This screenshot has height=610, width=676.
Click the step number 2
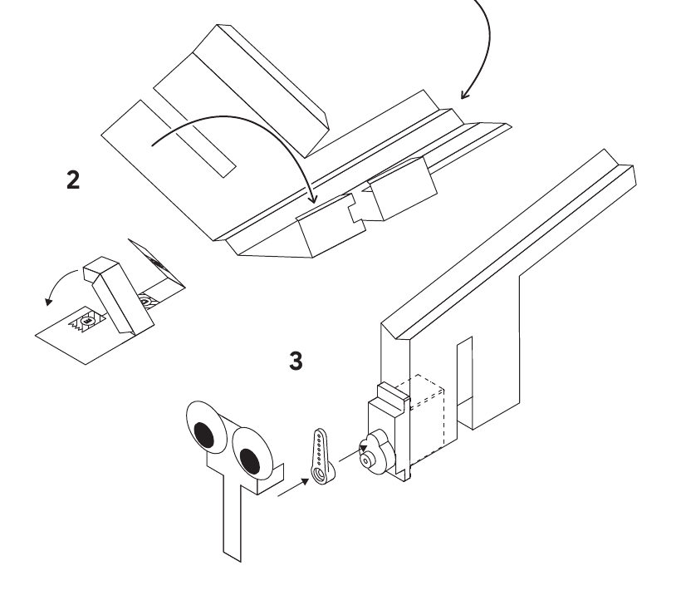[x=73, y=180]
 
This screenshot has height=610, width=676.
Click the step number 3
[x=296, y=361]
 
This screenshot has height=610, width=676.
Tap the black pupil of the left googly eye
[x=204, y=435]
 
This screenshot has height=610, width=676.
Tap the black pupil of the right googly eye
[x=249, y=461]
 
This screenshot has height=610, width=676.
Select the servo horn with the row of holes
[x=321, y=456]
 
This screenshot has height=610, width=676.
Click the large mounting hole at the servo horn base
[x=321, y=474]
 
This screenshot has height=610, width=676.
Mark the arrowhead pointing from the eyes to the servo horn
[x=306, y=481]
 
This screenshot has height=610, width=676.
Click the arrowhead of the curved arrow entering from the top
[x=464, y=95]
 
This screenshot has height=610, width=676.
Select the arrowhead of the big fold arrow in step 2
[x=313, y=199]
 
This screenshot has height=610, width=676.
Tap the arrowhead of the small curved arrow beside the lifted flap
[x=49, y=301]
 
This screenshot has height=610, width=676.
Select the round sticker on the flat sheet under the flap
[x=87, y=322]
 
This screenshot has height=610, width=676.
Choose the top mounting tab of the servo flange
[x=392, y=393]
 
